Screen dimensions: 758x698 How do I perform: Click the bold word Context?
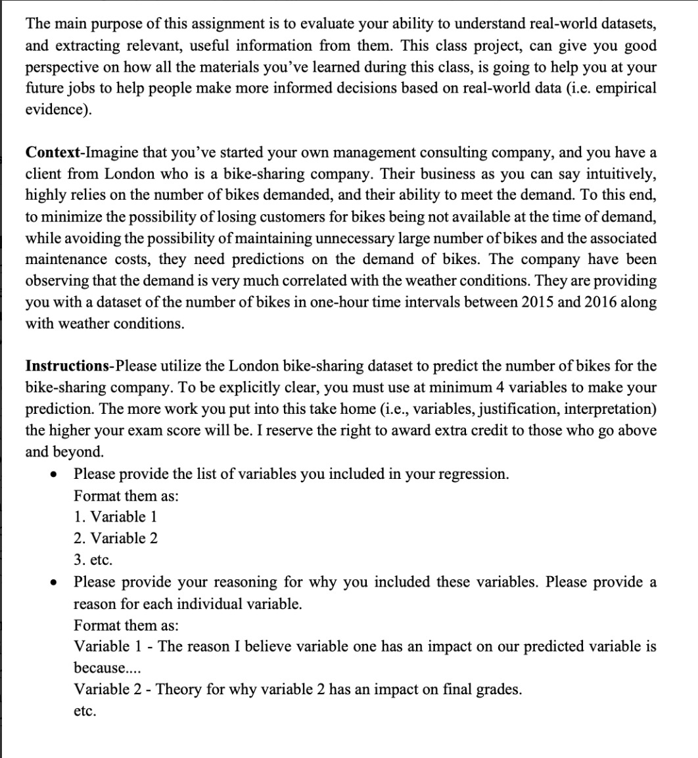point(53,153)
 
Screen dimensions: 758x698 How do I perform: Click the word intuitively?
point(613,175)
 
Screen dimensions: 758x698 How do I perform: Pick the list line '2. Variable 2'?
point(116,539)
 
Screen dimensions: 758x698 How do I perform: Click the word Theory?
point(177,690)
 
